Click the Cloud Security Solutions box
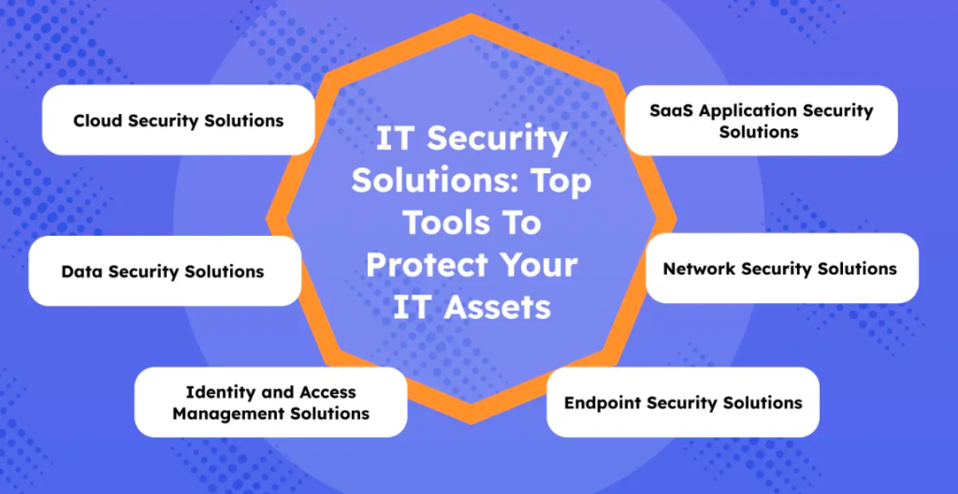pos(179,120)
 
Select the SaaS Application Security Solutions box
pos(762,121)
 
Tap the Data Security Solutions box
pos(165,270)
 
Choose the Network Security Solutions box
pos(782,269)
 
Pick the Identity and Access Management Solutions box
pos(270,402)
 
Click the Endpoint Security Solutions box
pos(683,402)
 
